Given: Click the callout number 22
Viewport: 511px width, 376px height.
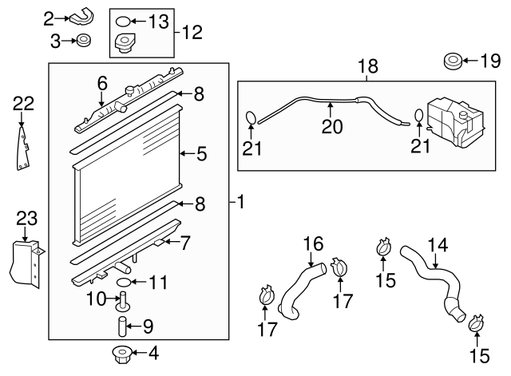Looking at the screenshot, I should tap(24, 102).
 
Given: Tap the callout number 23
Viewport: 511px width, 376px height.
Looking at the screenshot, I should tap(26, 218).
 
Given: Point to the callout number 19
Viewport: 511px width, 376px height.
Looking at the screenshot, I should tap(488, 60).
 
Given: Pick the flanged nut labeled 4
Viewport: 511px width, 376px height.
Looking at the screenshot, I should tap(124, 352).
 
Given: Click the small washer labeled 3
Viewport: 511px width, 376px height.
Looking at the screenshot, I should tap(82, 39).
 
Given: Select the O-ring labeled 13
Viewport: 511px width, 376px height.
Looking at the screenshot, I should tap(123, 21).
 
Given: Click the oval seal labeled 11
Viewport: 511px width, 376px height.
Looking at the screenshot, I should tap(125, 283).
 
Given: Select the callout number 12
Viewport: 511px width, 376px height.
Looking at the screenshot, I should tap(192, 33).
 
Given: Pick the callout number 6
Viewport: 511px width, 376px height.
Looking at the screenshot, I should tap(102, 83).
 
